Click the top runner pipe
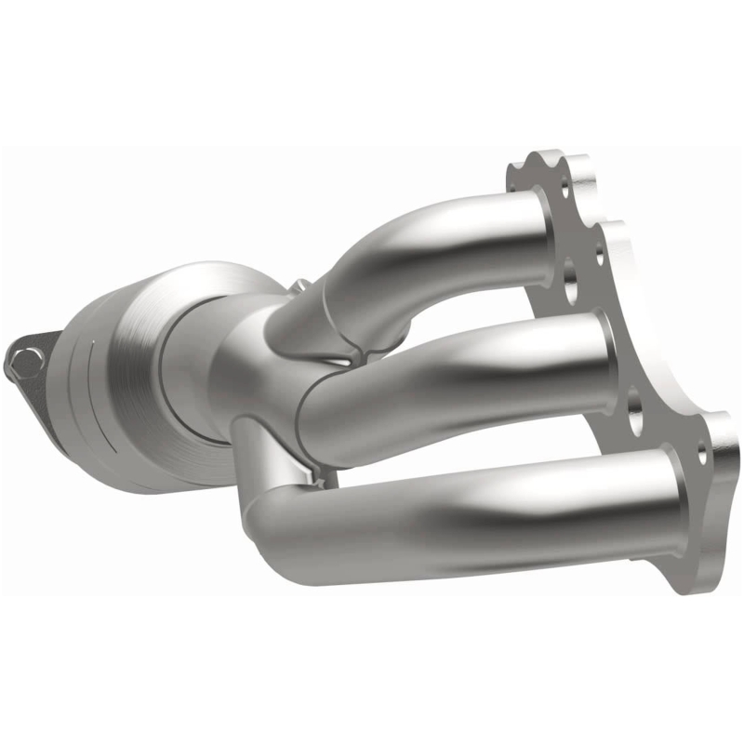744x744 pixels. [446, 242]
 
